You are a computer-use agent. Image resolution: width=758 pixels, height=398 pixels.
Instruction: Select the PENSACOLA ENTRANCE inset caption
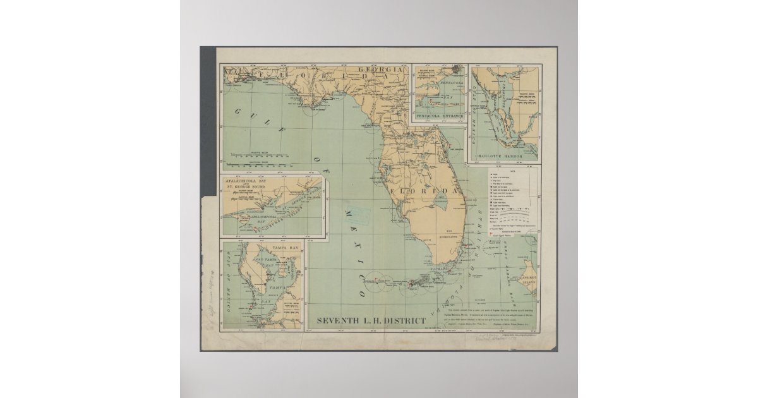[x=439, y=117]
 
